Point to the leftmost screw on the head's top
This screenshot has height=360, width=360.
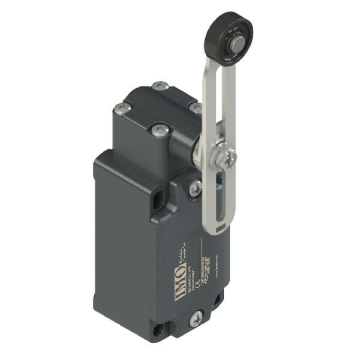pyautogui.click(x=122, y=109)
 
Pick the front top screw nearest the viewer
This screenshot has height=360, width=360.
pyautogui.click(x=159, y=130)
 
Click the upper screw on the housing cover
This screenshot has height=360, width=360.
pyautogui.click(x=194, y=188)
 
